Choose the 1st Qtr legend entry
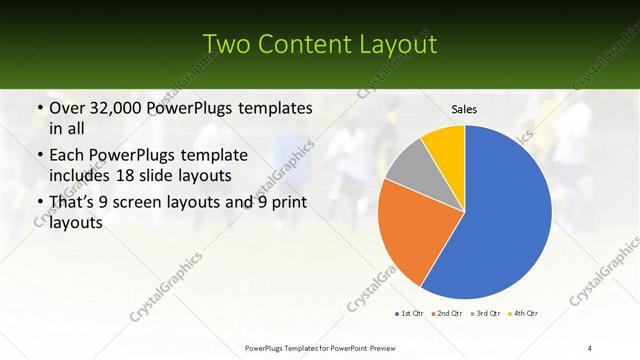pos(411,314)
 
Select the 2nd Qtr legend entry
pos(447,314)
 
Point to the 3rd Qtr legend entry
pos(485,314)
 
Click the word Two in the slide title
pos(226,44)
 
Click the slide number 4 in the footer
pos(590,347)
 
